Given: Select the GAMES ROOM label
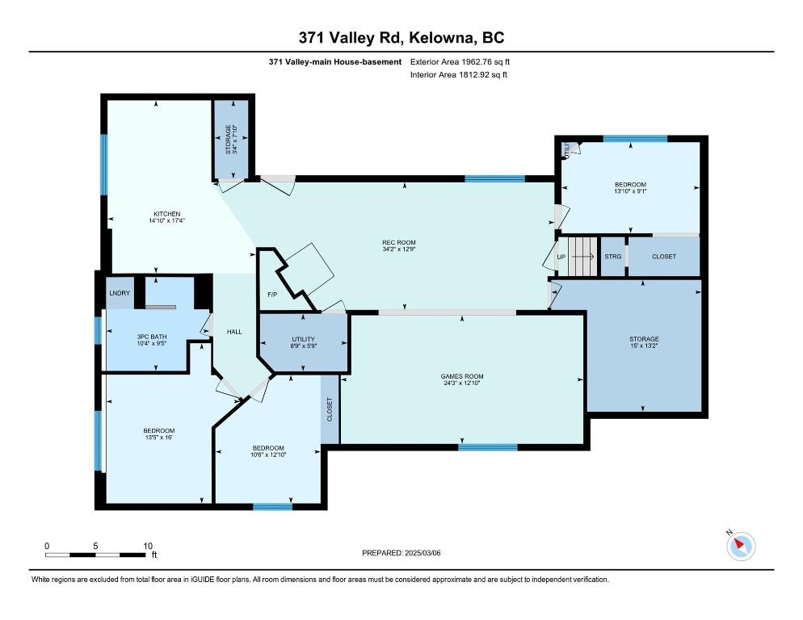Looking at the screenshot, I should click(x=462, y=376).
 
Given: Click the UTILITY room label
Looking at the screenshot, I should click(x=303, y=339).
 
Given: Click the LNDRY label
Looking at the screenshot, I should click(x=119, y=293).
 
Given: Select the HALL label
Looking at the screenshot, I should click(x=233, y=331).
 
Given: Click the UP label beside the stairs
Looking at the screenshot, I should click(x=561, y=257).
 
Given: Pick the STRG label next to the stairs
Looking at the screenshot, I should click(x=612, y=257).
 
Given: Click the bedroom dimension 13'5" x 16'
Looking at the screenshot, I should click(x=158, y=438).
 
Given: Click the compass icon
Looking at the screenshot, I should click(x=741, y=547).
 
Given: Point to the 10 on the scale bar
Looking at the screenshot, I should click(x=148, y=546).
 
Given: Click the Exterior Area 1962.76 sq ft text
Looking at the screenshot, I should click(x=460, y=61).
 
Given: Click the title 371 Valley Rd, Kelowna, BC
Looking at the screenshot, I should click(x=401, y=38).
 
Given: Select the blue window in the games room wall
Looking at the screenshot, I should click(x=488, y=446).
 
